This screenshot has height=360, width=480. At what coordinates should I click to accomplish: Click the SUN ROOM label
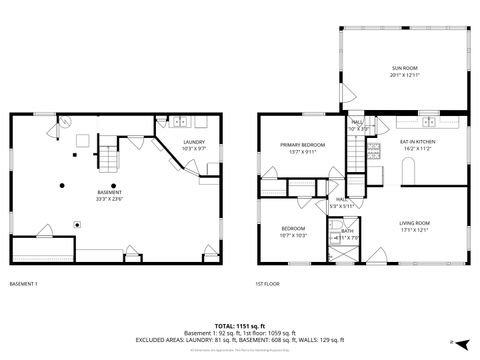(x=404, y=68)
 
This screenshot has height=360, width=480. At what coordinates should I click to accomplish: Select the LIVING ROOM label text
(x=414, y=222)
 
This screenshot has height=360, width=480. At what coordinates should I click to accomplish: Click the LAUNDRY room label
(x=194, y=142)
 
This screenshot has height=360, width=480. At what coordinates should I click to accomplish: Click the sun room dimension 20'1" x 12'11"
(x=404, y=76)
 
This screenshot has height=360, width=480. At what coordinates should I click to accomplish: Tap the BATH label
(x=347, y=231)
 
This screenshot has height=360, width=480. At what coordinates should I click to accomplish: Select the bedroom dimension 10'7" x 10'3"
(x=293, y=236)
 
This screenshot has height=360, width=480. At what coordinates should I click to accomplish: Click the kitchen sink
(x=430, y=122)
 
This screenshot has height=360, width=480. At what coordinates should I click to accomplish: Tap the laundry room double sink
(x=181, y=122)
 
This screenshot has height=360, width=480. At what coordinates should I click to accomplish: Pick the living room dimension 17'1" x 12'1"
(x=414, y=229)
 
